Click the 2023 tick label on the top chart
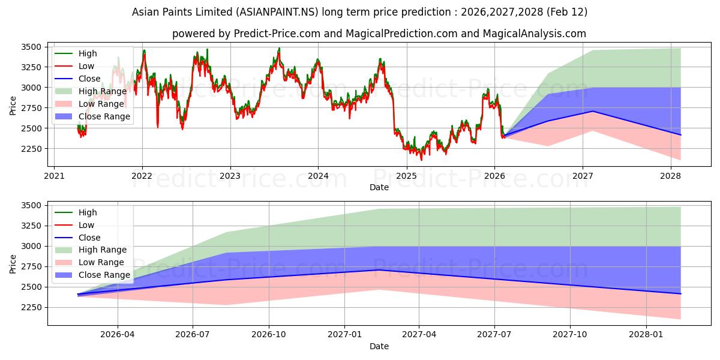[x=230, y=176]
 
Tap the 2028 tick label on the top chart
[x=670, y=176]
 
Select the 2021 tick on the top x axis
[x=54, y=176]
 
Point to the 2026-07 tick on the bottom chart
[x=193, y=335]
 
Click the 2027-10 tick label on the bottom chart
[x=571, y=335]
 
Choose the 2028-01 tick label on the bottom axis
[x=647, y=335]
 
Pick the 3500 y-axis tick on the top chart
[x=31, y=47]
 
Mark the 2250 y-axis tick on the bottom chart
[x=31, y=307]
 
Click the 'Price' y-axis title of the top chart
[x=13, y=106]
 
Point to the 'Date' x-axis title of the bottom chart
[x=379, y=346]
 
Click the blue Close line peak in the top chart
[x=593, y=111]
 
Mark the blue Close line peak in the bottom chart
[x=379, y=270]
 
